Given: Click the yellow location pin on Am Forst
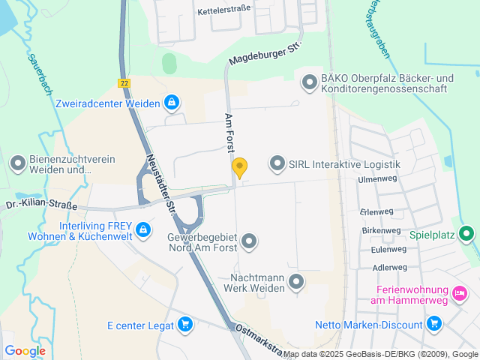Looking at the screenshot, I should tap(239, 167).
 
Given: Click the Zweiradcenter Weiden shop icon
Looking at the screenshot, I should tap(172, 101).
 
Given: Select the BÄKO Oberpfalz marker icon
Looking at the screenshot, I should tap(308, 82).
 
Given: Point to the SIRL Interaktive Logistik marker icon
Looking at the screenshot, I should tap(277, 163).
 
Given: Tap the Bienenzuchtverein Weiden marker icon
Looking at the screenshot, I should tap(17, 163).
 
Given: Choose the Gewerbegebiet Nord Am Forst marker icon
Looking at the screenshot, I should tap(249, 241).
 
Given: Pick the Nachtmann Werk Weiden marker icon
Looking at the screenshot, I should tap(297, 282).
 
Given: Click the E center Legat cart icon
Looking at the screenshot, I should tap(185, 325).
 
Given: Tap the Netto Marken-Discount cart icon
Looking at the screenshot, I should tap(433, 324).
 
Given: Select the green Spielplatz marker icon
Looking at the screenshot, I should tap(466, 234).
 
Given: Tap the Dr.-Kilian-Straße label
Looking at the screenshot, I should tap(32, 203).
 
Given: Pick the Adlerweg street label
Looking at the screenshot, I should tap(389, 267).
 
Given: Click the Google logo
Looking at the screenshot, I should tap(25, 350).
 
